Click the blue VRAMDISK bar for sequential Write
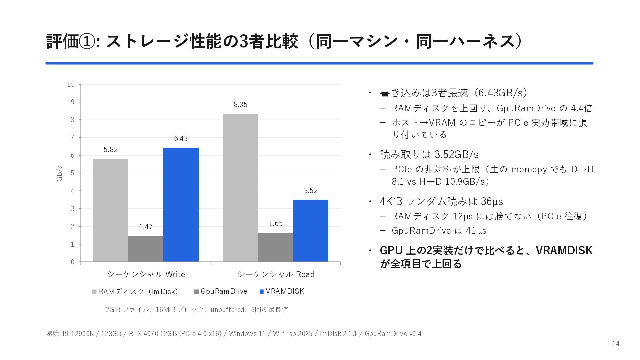[181, 205]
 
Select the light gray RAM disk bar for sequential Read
[241, 188]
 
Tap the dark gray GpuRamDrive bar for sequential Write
[146, 249]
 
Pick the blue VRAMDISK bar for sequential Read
[311, 231]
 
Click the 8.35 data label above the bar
[241, 105]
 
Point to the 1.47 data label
[146, 227]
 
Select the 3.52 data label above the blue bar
[311, 191]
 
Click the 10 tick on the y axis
[71, 84]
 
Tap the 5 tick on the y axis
[72, 173]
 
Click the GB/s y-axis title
[59, 173]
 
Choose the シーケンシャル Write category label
[146, 274]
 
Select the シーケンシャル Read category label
[276, 274]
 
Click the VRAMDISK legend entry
[282, 291]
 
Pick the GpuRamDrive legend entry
[220, 291]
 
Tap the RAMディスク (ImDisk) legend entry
[135, 292]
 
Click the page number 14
[616, 344]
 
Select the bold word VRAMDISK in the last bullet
[564, 250]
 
